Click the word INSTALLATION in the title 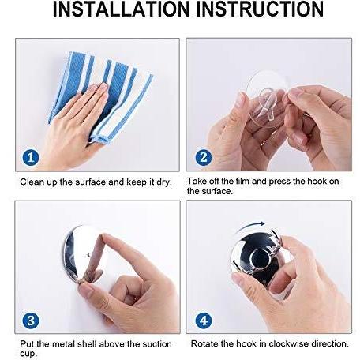click(122, 9)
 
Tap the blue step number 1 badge click(31, 157)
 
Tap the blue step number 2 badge click(204, 157)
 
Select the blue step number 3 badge click(31, 321)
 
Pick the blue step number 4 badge click(204, 321)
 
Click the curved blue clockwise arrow click(250, 225)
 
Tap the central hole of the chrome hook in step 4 click(259, 259)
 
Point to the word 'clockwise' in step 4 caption click(288, 343)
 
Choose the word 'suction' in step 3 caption click(157, 344)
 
